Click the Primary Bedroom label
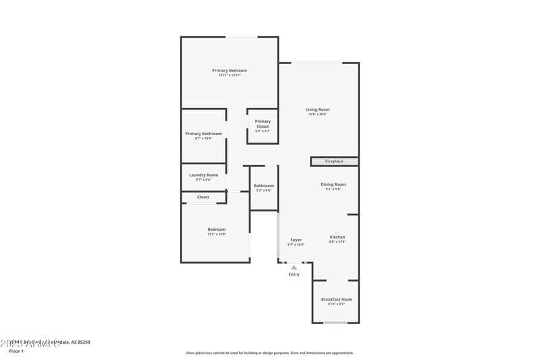[230, 70]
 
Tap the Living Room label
[317, 109]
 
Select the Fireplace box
[334, 161]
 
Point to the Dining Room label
[333, 184]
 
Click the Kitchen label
[337, 237]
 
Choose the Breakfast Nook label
[336, 299]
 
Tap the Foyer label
[296, 240]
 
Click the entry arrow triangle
[294, 267]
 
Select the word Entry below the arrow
[294, 274]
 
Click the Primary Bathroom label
[203, 134]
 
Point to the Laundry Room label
[203, 175]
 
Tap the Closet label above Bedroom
[203, 197]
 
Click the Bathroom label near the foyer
[264, 186]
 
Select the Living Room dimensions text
[317, 114]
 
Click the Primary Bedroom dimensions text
[230, 75]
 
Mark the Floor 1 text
[16, 351]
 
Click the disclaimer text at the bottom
[269, 353]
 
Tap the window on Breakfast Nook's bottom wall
[335, 323]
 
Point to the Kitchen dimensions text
[337, 242]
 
